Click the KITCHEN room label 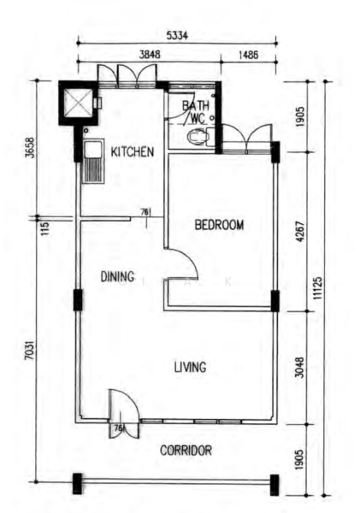tap(133, 152)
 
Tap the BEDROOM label tap(219, 226)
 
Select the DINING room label tap(117, 276)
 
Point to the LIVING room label tap(190, 368)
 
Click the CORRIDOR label tap(186, 450)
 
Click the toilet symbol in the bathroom tap(198, 136)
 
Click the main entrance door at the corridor tap(120, 405)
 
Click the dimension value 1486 tap(249, 53)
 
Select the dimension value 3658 tap(28, 149)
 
